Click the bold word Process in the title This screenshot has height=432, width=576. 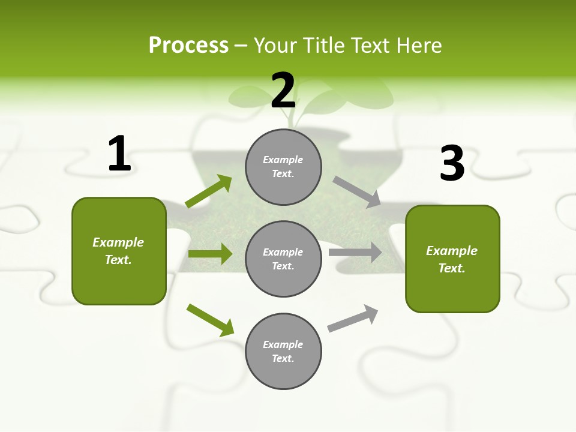(188, 46)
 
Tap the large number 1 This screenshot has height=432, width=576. (119, 154)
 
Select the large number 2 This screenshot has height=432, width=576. (283, 91)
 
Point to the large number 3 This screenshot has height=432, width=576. (452, 164)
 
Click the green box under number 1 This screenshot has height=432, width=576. (119, 251)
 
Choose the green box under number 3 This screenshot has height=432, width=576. (452, 259)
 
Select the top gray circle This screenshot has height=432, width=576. (283, 167)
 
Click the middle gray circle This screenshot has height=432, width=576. (283, 259)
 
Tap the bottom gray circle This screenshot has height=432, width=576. (283, 351)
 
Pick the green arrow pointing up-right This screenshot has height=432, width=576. (209, 191)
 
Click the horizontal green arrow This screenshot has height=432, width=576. (210, 254)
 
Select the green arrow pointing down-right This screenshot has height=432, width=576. (210, 320)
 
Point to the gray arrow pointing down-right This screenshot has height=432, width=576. (357, 192)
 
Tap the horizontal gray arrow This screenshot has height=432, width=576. (355, 253)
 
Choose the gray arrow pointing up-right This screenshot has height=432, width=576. (353, 318)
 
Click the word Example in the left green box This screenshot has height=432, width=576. (118, 242)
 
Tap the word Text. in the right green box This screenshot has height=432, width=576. (452, 268)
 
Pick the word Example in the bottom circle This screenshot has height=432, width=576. (283, 344)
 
